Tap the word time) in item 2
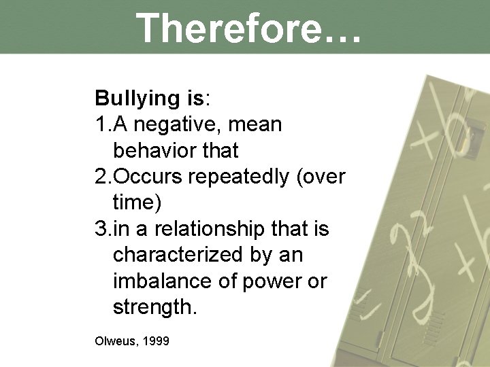pyautogui.click(x=137, y=203)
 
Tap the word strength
pyautogui.click(x=154, y=308)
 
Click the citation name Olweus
pyautogui.click(x=115, y=340)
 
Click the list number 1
pyautogui.click(x=102, y=126)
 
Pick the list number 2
pyautogui.click(x=102, y=177)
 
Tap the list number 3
pyautogui.click(x=102, y=229)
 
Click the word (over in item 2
pyautogui.click(x=325, y=177)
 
